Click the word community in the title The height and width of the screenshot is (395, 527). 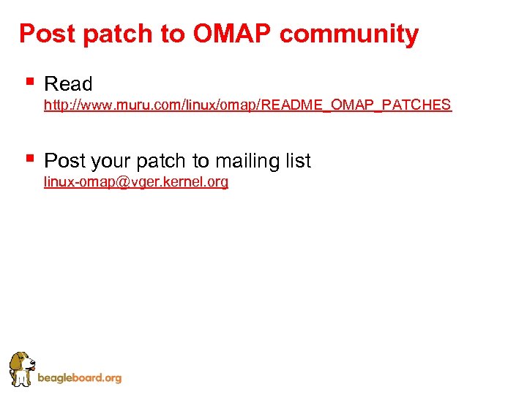[349, 34]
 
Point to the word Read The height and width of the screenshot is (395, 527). [68, 84]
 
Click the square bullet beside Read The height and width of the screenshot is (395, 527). [29, 80]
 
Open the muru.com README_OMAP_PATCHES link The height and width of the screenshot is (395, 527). [247, 105]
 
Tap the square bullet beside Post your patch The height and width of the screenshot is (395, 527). [29, 157]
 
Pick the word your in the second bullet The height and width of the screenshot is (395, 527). [109, 162]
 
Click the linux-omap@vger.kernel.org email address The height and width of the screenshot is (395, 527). [136, 182]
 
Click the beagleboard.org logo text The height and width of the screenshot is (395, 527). [79, 378]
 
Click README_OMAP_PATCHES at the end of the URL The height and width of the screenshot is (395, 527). [356, 105]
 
